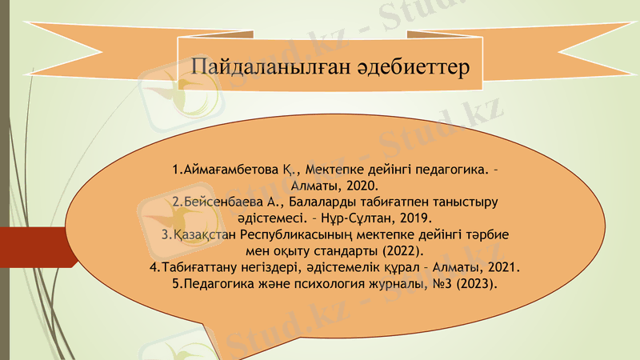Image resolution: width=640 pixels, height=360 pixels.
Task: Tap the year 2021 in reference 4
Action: click(503, 267)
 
